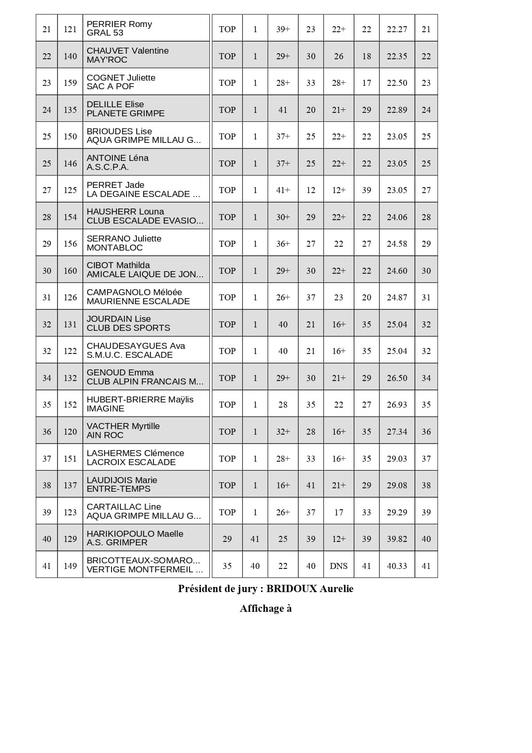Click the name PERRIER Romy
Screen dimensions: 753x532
click(x=119, y=24)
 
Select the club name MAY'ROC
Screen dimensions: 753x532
click(x=107, y=60)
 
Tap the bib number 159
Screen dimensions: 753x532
click(x=70, y=83)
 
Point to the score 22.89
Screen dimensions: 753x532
click(x=397, y=110)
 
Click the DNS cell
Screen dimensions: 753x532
click(x=339, y=566)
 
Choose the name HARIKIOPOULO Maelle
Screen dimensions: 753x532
click(x=135, y=534)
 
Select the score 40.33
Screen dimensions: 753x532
click(x=397, y=566)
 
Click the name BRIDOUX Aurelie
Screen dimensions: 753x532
click(x=310, y=589)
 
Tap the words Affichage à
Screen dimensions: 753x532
click(x=266, y=608)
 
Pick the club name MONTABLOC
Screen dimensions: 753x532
click(x=115, y=248)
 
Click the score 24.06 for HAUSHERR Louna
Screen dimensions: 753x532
click(x=397, y=217)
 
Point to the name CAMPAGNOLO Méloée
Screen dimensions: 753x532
click(x=134, y=292)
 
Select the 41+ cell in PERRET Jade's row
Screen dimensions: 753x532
click(x=283, y=190)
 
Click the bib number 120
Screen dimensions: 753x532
click(x=70, y=432)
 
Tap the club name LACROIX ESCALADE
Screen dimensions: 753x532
click(x=131, y=462)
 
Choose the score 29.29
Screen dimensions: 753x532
click(x=397, y=512)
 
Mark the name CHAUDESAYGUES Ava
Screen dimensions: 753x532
click(x=136, y=346)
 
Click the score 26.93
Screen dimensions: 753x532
click(x=397, y=405)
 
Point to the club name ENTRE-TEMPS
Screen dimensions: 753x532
click(x=118, y=489)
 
